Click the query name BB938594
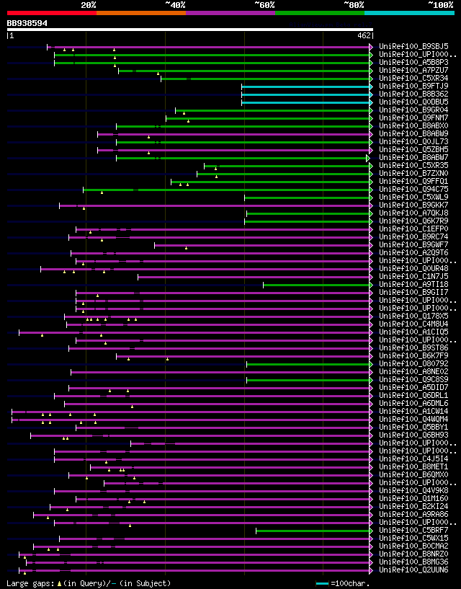(x=27, y=23)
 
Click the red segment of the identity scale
(x=51, y=12)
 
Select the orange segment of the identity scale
(x=140, y=12)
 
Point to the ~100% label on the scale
(x=440, y=4)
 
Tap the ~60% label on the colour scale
(x=264, y=4)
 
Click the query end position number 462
(x=364, y=35)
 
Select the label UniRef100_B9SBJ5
(x=413, y=46)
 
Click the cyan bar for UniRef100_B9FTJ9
(x=306, y=86)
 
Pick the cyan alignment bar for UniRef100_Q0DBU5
(x=306, y=102)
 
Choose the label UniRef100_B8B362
(x=413, y=94)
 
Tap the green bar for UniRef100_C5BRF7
(x=313, y=531)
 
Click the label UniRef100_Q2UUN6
(x=413, y=570)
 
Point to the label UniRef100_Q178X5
(x=413, y=316)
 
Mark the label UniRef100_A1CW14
(x=413, y=411)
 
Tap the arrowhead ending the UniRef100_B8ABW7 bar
(x=367, y=157)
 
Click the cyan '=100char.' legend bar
(x=322, y=583)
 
